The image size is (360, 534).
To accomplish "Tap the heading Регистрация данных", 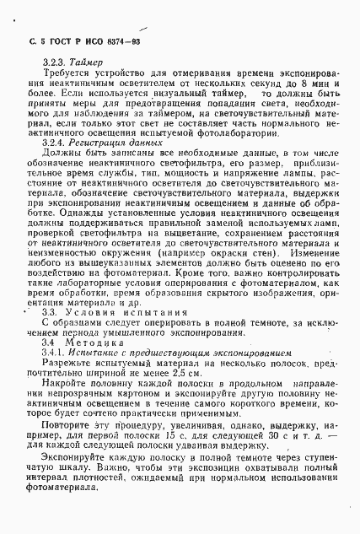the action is (104, 143).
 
